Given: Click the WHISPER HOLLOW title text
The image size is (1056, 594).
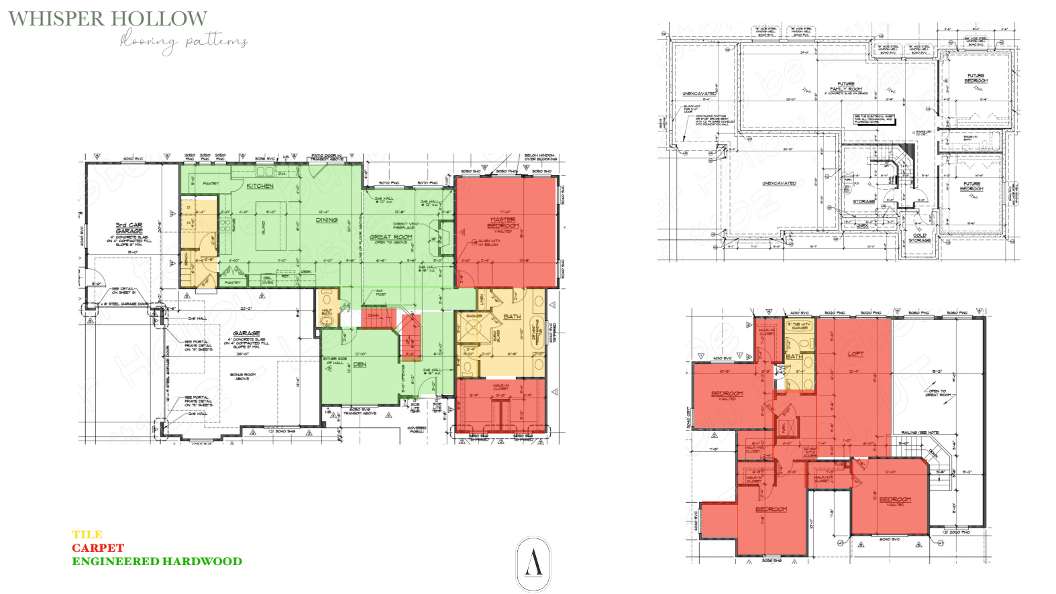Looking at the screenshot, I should tap(107, 18).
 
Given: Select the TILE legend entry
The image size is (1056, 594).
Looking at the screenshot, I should tap(87, 534).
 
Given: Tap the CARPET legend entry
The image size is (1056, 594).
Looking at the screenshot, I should tap(98, 548).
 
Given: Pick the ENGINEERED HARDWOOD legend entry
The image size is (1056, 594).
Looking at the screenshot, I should tap(157, 561).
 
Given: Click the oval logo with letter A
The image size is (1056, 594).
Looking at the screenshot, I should tap(533, 564).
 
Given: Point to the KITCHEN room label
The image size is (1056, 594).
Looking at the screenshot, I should tap(260, 186).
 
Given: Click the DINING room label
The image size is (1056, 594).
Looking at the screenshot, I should tap(327, 220).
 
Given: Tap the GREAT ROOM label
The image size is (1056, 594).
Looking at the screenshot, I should tap(390, 237).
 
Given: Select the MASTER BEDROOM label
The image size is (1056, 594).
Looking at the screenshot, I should tap(503, 223).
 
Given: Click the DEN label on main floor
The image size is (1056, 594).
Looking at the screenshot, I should tap(360, 365).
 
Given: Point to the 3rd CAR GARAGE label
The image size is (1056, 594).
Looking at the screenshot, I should tap(129, 228).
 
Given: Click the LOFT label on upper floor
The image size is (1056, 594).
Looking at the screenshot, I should tap(855, 353).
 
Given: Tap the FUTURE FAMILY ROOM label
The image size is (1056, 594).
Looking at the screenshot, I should tap(846, 86).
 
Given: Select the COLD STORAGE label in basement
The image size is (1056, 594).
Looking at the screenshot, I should tap(919, 237).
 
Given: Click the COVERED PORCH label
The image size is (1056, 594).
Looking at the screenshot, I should tap(417, 430).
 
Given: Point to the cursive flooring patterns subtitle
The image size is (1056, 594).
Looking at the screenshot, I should tap(184, 42).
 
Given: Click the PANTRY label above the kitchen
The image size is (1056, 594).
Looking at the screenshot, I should tap(211, 183).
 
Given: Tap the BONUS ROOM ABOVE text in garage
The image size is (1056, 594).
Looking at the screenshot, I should tap(242, 376).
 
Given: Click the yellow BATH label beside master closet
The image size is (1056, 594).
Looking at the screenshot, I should tap(512, 316).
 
